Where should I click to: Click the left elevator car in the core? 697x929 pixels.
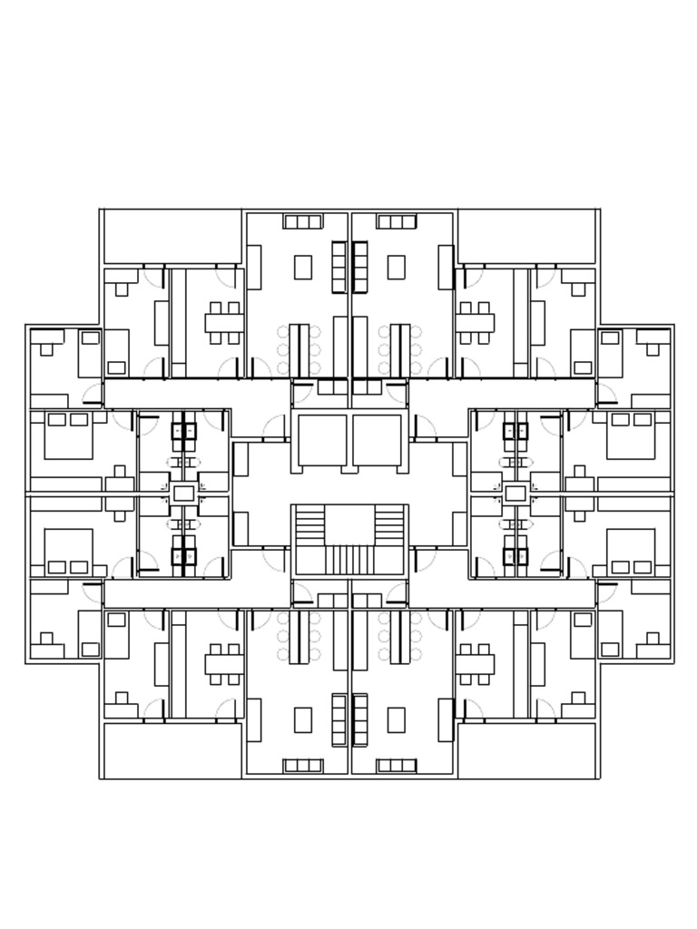coord(322,440)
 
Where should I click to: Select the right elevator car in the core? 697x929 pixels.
coord(377,440)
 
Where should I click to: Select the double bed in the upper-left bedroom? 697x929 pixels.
coord(69,435)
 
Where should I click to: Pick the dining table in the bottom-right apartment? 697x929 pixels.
coord(475,664)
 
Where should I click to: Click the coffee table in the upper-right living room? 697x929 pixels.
coord(397,267)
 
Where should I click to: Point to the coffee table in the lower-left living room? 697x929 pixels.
coord(303,719)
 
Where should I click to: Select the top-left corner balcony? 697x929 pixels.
coord(172,237)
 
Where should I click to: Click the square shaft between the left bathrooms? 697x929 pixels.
coord(183,494)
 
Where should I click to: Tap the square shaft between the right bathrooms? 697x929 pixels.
coord(515,494)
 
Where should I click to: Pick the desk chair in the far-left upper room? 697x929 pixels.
coord(46,349)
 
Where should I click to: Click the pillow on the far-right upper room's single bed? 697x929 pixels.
coord(610,337)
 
